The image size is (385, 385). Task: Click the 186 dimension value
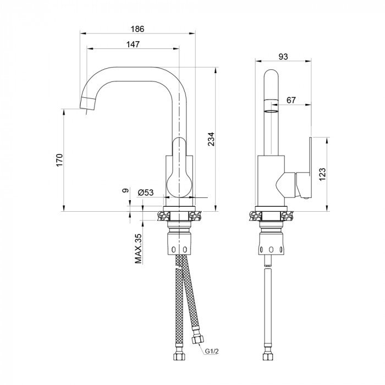tap(137, 29)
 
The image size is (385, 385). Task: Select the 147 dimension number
tap(133, 45)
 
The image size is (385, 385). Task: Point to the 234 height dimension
tap(211, 139)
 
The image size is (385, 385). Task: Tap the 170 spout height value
tap(59, 160)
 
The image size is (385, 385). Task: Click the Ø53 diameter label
tap(146, 193)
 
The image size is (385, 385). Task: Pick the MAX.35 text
tap(139, 249)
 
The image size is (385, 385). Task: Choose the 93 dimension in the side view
tap(283, 57)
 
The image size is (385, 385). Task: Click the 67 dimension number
tap(291, 100)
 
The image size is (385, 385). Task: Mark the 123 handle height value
tap(322, 174)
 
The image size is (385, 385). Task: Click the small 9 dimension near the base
tap(125, 190)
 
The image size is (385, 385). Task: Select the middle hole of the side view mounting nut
tap(271, 250)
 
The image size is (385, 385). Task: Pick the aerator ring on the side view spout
tap(271, 106)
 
